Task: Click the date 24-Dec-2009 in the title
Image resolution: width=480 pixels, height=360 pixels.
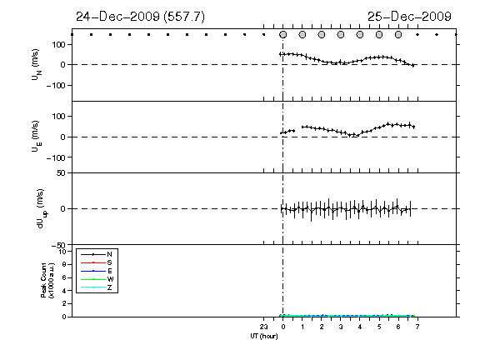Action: (x=118, y=17)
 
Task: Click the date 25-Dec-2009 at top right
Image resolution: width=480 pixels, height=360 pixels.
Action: (x=409, y=17)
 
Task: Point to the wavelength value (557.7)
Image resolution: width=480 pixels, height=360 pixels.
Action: (x=184, y=17)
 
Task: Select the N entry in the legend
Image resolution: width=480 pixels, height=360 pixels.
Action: (x=97, y=254)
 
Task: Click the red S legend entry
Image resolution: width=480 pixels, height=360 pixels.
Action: (x=97, y=262)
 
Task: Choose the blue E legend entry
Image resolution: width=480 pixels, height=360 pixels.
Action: (x=97, y=271)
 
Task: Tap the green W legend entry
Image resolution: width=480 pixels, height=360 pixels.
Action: (x=97, y=279)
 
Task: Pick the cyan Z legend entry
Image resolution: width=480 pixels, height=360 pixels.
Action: (x=97, y=287)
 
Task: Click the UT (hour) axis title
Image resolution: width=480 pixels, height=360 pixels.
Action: (x=264, y=336)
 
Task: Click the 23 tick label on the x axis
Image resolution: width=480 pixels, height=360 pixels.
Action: (x=263, y=327)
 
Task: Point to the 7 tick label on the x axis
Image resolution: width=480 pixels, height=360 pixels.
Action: (x=417, y=327)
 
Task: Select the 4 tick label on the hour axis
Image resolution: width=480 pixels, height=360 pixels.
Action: (x=360, y=327)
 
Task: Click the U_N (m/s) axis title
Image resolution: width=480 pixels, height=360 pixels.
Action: (x=36, y=65)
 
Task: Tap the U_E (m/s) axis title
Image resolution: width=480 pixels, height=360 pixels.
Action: (x=36, y=137)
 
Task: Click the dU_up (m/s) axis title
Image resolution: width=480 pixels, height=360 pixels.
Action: (x=42, y=208)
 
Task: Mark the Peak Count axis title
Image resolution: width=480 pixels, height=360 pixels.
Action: (x=47, y=280)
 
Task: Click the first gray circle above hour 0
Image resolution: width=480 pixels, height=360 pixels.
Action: (x=283, y=35)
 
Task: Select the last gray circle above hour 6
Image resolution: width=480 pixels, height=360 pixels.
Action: (x=398, y=35)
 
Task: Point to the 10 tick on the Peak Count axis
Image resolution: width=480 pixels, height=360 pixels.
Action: (x=62, y=252)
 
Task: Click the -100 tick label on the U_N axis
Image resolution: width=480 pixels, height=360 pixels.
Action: (x=56, y=85)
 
